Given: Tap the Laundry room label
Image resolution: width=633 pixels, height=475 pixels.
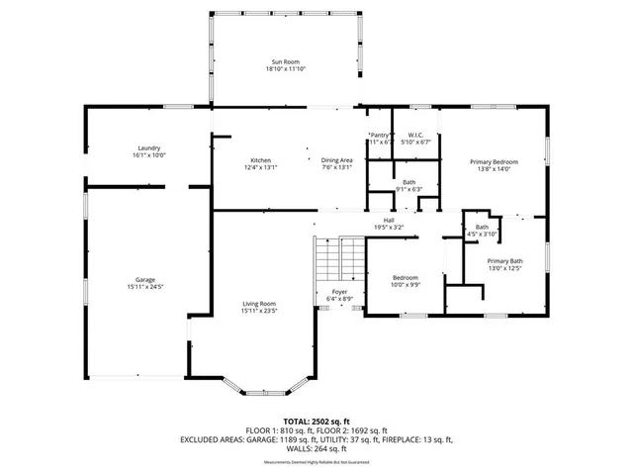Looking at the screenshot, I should click(x=149, y=148).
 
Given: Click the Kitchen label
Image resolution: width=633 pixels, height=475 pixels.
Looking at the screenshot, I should click(x=261, y=160).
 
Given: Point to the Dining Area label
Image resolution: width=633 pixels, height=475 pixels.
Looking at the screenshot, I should click(x=337, y=160).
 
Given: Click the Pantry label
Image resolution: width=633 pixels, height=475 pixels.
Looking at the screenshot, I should click(x=380, y=136).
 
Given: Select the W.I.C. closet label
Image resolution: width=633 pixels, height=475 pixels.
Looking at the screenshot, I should click(x=416, y=136).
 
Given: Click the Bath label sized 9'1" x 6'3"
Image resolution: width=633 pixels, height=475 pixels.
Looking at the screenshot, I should click(x=408, y=182).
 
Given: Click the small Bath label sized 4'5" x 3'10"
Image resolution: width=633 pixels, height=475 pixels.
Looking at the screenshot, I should click(x=482, y=227).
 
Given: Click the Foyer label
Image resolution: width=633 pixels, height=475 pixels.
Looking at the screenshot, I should click(x=339, y=292).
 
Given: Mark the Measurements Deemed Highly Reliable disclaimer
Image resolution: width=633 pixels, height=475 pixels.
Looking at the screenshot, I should click(x=316, y=463).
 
